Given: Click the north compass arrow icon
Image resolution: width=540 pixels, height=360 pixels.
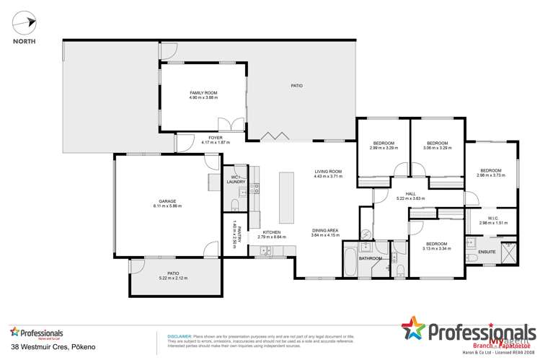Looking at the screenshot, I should click(23, 24).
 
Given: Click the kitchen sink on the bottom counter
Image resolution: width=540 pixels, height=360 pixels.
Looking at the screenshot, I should click(264, 250).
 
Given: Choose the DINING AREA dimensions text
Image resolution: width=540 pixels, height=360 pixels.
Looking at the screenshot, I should click(324, 235).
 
